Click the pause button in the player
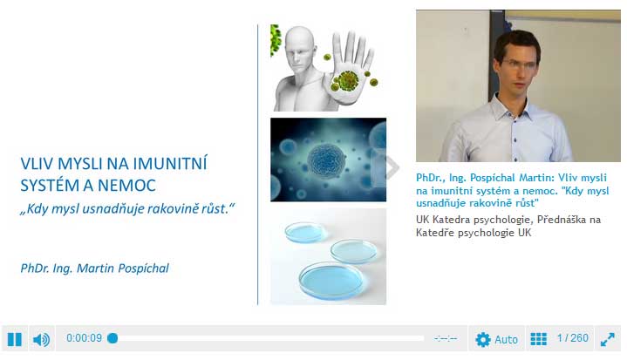tap(15, 339)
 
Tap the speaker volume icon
tap(41, 340)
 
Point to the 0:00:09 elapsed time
tap(84, 338)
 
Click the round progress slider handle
tap(112, 338)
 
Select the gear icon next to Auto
tap(482, 340)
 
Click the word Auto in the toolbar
tap(507, 340)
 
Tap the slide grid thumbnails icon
tap(538, 339)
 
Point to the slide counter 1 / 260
tap(573, 338)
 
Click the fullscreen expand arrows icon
tap(608, 340)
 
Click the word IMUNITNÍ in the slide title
tap(170, 163)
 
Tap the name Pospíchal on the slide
tap(143, 268)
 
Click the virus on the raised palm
tap(347, 81)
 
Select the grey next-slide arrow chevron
tap(391, 167)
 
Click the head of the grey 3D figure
tap(300, 48)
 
